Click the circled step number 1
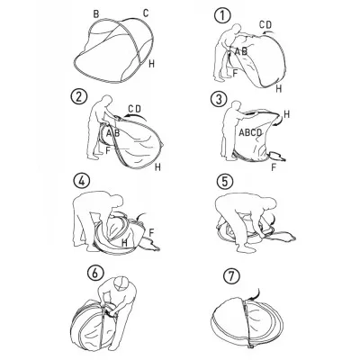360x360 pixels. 223,15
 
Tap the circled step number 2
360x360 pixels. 79,97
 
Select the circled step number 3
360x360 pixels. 219,100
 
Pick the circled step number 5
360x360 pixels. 225,182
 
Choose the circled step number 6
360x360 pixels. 94,274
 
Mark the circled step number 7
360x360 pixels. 231,276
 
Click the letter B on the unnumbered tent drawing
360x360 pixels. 96,14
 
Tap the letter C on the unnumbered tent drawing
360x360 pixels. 146,13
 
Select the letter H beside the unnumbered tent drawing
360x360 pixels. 152,64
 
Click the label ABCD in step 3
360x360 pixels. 250,132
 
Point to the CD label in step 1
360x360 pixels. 265,24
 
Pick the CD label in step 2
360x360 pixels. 134,109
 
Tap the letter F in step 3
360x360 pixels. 274,167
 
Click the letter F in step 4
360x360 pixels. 151,232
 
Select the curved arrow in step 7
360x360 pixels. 256,295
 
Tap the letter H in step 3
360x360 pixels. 287,114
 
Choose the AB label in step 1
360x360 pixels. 241,51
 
